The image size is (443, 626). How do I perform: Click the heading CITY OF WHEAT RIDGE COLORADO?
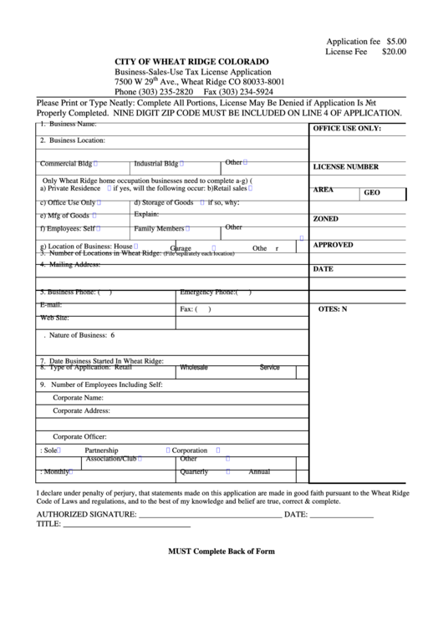(x=191, y=63)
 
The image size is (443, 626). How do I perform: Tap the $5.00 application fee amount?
(x=396, y=40)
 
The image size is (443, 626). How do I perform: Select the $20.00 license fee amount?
(x=394, y=51)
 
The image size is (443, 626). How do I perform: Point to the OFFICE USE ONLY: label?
(x=346, y=129)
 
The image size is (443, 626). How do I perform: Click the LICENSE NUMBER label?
(x=345, y=167)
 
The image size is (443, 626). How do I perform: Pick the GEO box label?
(x=372, y=193)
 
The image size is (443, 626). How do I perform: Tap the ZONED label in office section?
(x=325, y=219)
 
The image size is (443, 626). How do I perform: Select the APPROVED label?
(x=333, y=245)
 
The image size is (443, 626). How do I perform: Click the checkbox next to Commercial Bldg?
(x=97, y=164)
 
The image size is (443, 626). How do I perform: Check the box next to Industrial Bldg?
(x=182, y=164)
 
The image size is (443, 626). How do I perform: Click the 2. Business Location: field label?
(x=73, y=140)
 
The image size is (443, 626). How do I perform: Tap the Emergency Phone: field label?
(x=210, y=293)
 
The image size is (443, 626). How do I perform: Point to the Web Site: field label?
(x=54, y=318)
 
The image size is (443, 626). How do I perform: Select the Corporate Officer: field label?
(x=79, y=436)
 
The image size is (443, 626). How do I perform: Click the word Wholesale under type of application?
(x=194, y=367)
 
